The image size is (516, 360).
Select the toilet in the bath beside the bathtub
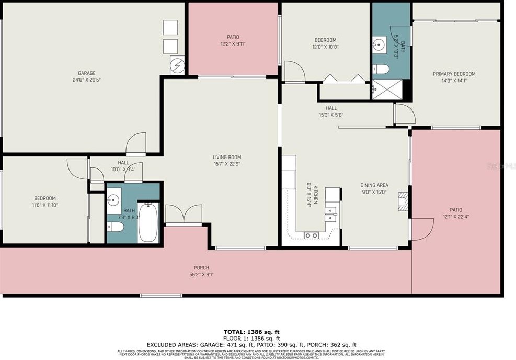click(x=116, y=227)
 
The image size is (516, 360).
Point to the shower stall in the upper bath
click(x=390, y=88)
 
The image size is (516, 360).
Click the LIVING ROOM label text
click(x=226, y=157)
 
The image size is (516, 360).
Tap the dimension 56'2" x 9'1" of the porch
click(x=201, y=274)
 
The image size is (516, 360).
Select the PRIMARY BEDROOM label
click(x=454, y=74)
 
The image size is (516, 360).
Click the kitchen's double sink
click(x=330, y=211)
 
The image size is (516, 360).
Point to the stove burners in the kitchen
click(x=311, y=235)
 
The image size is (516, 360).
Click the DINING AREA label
click(x=374, y=185)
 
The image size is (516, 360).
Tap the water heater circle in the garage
click(x=178, y=65)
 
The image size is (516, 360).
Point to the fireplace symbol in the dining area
click(x=402, y=201)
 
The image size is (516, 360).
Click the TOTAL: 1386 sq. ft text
click(x=252, y=332)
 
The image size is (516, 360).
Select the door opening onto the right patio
click(x=421, y=229)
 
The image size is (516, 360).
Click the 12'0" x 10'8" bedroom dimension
click(x=325, y=47)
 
